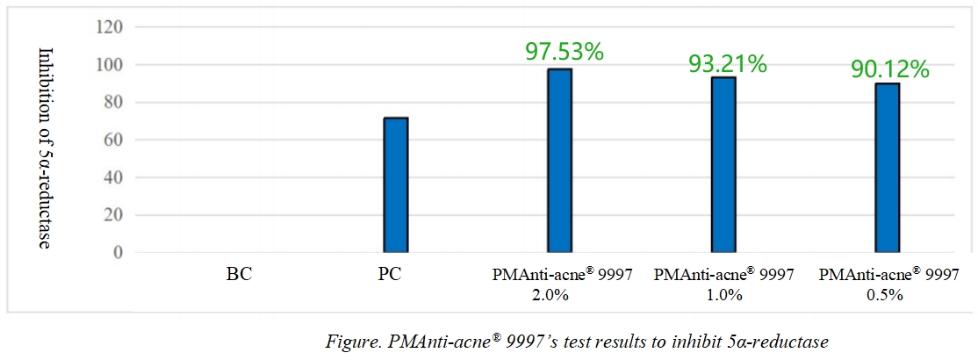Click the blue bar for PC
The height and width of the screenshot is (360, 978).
pos(396,185)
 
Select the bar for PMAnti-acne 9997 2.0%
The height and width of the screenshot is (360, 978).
pos(560,161)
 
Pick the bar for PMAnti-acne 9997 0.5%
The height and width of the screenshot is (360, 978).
pos(888,168)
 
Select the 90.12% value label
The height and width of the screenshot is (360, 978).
pos(890,68)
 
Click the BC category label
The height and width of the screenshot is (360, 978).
pos(239,274)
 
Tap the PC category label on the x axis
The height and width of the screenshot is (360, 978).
pos(391,274)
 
